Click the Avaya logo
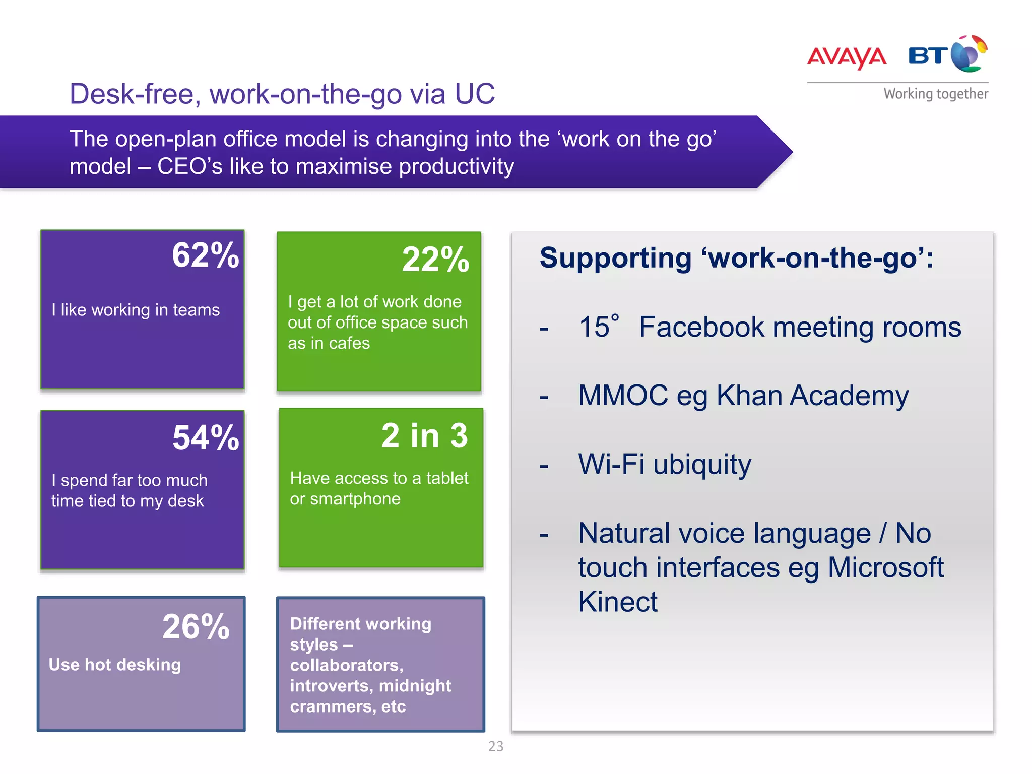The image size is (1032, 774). tap(847, 57)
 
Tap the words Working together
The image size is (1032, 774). tap(936, 94)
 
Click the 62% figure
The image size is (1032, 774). tap(206, 255)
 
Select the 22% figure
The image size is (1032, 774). tap(435, 260)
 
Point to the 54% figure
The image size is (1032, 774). tap(206, 437)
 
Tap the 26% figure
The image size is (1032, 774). tap(196, 627)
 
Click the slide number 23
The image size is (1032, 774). tap(496, 746)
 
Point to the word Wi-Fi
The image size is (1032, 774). tap(611, 464)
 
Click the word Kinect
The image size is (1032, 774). tap(618, 602)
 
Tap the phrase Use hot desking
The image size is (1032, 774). tap(115, 665)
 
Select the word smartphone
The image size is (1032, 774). tap(355, 499)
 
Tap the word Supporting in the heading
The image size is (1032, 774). tap(615, 258)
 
